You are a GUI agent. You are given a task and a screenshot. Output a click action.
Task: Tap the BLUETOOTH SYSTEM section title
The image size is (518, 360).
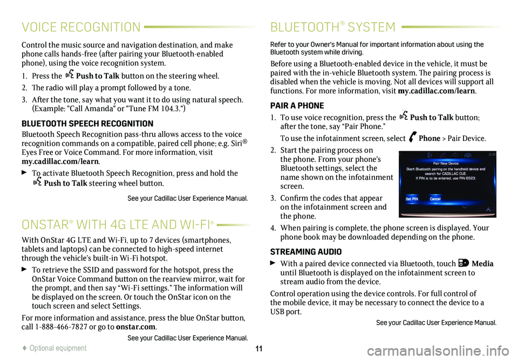[333, 27]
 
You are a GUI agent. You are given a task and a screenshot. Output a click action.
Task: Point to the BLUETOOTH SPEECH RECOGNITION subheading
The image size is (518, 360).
[80, 124]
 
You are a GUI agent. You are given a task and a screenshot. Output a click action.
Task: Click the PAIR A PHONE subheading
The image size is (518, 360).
[297, 106]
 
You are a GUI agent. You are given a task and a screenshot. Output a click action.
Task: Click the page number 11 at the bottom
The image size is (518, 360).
[259, 348]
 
